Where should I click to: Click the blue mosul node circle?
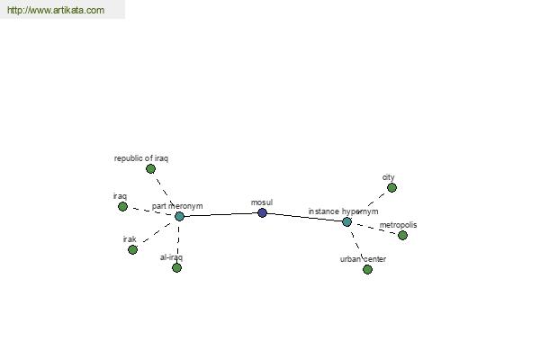pos(262,212)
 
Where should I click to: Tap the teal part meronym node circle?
pos(179,216)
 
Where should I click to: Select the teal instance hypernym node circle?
pos(346,222)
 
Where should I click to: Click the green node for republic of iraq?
pos(150,169)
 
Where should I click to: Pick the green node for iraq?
pos(122,207)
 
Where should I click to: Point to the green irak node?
pos(132,249)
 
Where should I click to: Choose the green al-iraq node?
pos(176,267)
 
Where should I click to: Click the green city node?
pos(391,188)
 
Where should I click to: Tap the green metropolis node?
pos(402,235)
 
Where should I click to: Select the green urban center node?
pos(367,269)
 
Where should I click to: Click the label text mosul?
pos(262,202)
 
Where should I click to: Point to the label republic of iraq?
pos(141,158)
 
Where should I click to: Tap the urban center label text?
pos(363,259)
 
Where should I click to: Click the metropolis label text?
pos(398,225)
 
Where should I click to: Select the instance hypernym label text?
pos(344,211)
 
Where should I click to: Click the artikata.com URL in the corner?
pos(56,10)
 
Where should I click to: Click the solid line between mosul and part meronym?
pos(220,214)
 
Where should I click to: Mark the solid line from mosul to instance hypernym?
pos(304,217)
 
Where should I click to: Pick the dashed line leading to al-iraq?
pos(178,242)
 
